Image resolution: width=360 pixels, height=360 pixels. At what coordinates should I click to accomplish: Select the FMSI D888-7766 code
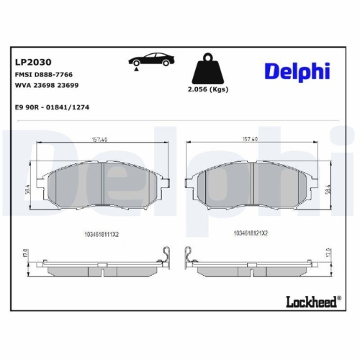coord(43,75)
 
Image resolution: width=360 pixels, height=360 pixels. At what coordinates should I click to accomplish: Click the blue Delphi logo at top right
coord(297,71)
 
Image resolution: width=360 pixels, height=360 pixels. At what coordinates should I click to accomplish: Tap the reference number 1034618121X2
coord(251,233)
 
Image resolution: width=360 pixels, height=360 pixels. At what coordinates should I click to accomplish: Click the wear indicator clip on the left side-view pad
coord(166,256)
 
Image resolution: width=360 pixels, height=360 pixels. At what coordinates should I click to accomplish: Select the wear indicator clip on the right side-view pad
coord(189,256)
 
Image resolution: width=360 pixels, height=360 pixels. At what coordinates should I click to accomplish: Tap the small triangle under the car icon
coord(134,67)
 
